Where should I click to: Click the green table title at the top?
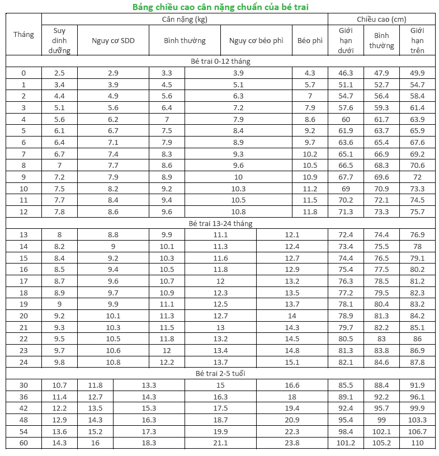pos(220,7)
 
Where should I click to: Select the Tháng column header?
pos(23,34)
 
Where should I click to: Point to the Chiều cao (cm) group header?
pos(381,20)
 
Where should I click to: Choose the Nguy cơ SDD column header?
pos(113,40)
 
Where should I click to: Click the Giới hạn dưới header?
pos(346,40)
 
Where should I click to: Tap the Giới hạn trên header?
pos(417,40)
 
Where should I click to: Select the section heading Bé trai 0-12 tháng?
pos(220,61)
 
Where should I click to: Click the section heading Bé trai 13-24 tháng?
pos(220,223)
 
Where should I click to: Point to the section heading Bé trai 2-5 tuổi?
pos(220,373)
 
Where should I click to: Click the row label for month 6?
pos(23,142)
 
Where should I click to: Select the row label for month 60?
pos(23,443)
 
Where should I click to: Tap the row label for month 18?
pos(23,293)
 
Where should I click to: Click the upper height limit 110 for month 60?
pos(417,443)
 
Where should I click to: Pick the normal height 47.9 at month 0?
pos(381,73)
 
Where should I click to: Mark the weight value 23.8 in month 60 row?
pos(292,443)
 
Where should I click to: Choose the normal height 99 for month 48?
pos(381,420)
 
